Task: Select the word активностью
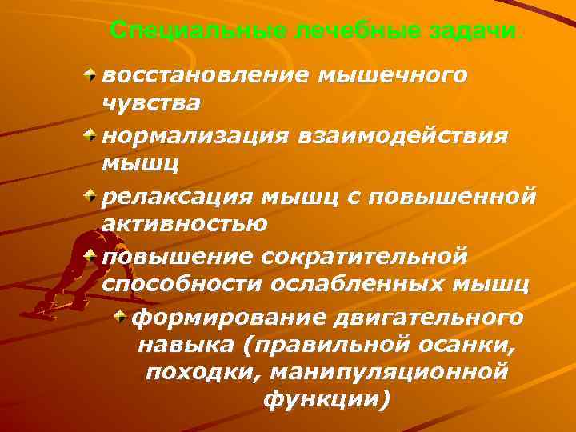click(x=185, y=223)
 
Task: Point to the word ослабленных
click(x=366, y=285)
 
